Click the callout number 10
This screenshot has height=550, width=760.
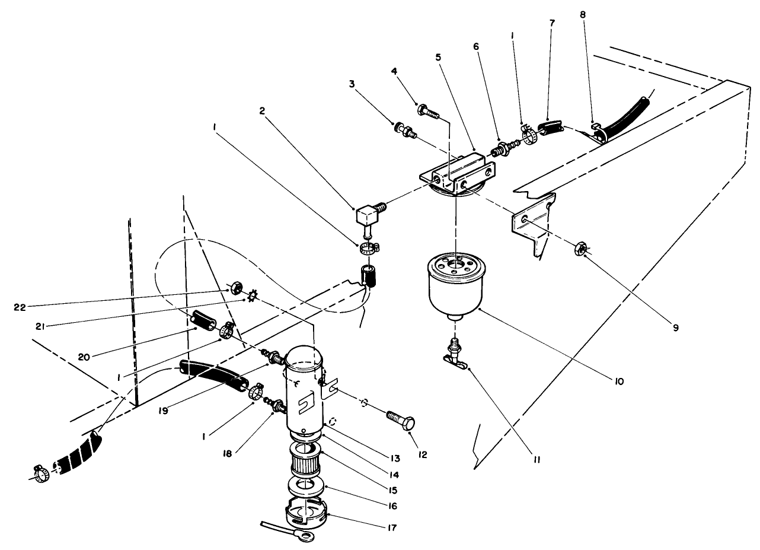pos(618,381)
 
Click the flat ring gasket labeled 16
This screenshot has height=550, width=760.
pos(306,487)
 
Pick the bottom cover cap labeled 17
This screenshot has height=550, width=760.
pos(306,514)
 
